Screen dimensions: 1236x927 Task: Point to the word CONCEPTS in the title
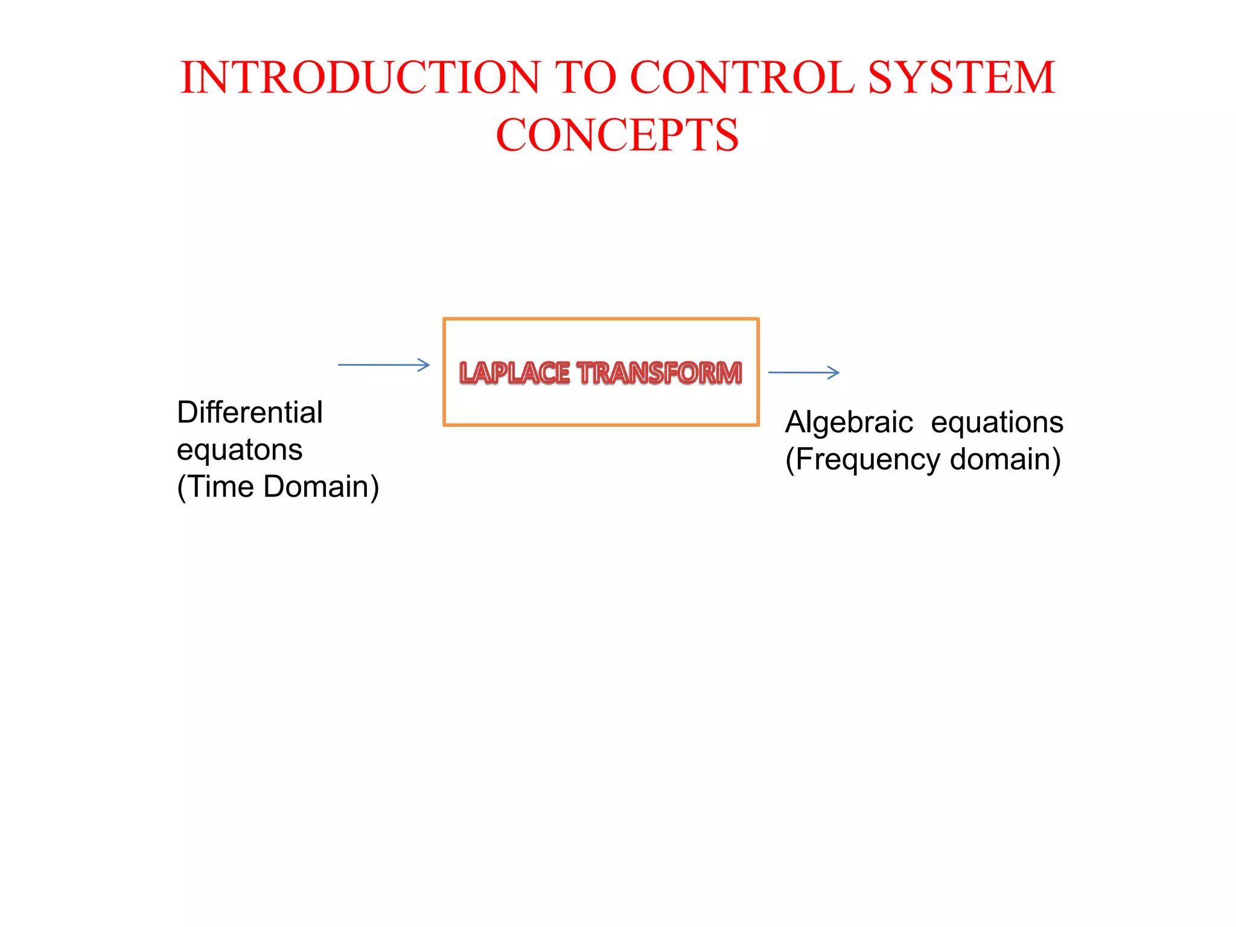(617, 135)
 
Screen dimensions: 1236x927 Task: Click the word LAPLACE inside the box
(514, 372)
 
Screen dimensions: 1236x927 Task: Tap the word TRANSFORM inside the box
(659, 372)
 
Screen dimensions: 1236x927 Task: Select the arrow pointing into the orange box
(383, 365)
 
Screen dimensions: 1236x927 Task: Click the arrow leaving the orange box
(803, 372)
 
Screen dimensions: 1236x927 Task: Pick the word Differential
(250, 413)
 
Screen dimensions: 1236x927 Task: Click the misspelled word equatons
(240, 450)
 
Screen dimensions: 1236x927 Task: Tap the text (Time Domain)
(278, 487)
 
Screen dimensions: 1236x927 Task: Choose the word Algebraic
(849, 422)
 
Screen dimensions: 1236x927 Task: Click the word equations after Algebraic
(997, 422)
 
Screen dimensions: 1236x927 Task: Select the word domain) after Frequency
(1005, 460)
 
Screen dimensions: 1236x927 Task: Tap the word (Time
(215, 487)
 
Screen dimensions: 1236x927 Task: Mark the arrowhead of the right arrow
(834, 372)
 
